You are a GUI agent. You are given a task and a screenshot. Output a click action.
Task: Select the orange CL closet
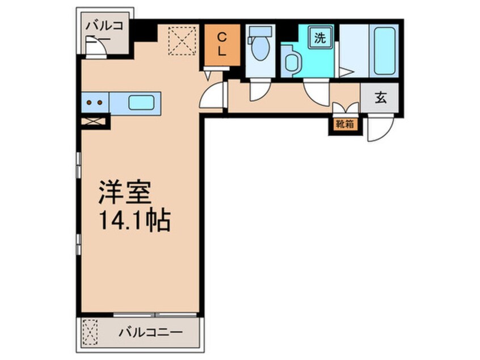[222, 44]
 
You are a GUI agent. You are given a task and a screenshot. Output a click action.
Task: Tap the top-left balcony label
[104, 31]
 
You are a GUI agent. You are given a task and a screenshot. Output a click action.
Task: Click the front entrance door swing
[378, 128]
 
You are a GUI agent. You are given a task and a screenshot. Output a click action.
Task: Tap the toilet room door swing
[260, 90]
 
